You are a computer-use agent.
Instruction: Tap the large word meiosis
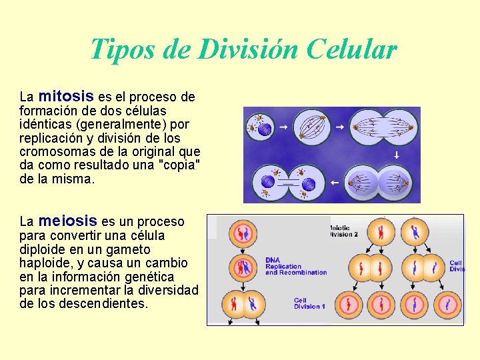pyautogui.click(x=68, y=220)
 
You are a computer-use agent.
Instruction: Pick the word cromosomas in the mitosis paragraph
pyautogui.click(x=53, y=151)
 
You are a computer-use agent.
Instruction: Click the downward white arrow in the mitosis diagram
pyautogui.click(x=396, y=155)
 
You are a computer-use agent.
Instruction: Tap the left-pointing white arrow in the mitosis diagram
pyautogui.click(x=335, y=182)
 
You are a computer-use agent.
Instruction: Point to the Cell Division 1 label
pyautogui.click(x=309, y=303)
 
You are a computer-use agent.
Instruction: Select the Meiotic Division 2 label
pyautogui.click(x=345, y=231)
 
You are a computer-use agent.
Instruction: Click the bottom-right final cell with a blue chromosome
pyautogui.click(x=448, y=305)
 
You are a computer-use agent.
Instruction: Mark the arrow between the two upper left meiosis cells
pyautogui.click(x=241, y=251)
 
